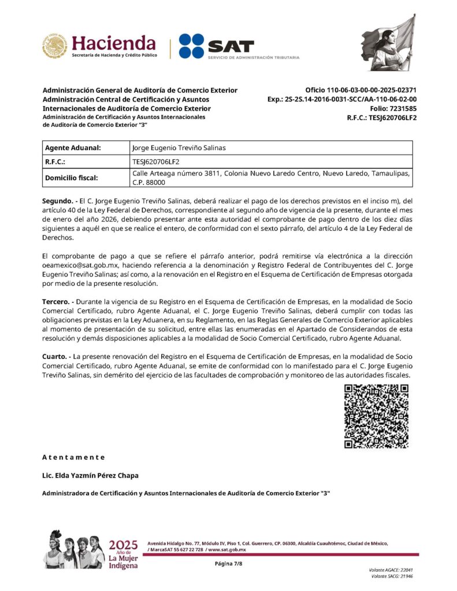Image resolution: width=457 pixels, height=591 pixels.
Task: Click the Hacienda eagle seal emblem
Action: [55, 46]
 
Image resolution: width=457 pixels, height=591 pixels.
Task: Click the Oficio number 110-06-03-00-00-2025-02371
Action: [361, 90]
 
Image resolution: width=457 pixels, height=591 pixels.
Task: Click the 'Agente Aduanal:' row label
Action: [73, 148]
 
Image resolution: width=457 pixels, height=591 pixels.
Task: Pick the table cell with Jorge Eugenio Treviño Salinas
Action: [179, 148]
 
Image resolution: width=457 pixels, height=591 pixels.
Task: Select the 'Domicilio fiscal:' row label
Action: [71, 178]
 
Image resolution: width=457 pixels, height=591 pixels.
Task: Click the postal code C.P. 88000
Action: [149, 182]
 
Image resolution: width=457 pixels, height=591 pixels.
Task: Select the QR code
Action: [376, 417]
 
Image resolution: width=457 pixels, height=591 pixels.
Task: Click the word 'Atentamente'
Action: [74, 457]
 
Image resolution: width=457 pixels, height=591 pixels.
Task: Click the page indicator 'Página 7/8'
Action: [228, 563]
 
